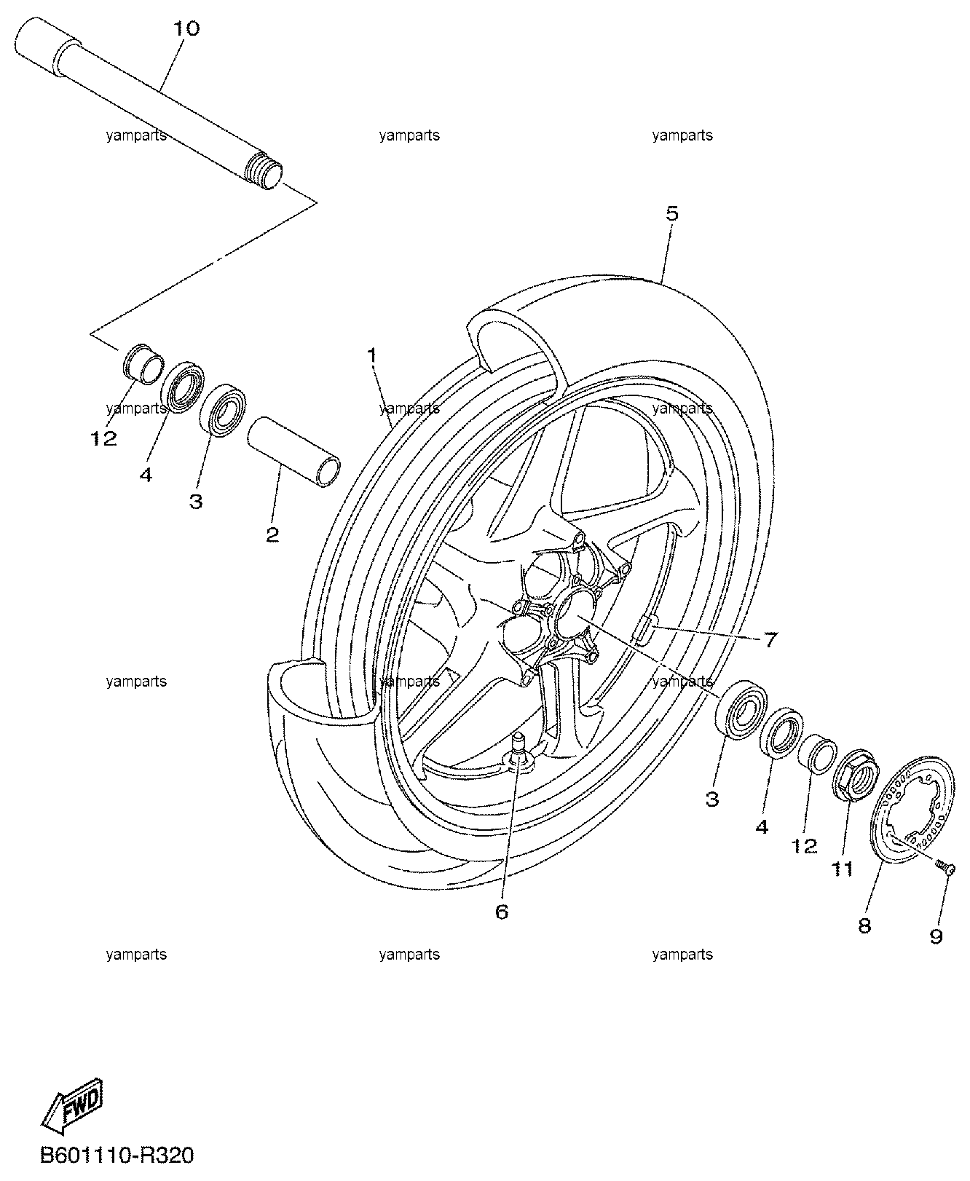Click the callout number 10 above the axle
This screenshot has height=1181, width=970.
[x=186, y=29]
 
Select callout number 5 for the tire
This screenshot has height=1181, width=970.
[x=671, y=213]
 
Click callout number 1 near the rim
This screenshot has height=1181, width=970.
[x=371, y=355]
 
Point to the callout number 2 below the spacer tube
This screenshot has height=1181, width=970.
[x=272, y=535]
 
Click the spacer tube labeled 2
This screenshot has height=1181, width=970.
[x=294, y=451]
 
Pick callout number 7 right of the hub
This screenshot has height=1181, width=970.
[x=771, y=640]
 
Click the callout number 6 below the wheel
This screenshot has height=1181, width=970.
[x=501, y=911]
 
